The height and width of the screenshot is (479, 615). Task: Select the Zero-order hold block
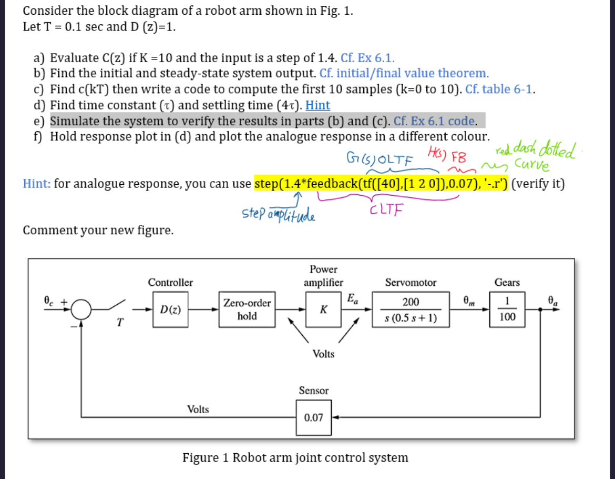[x=247, y=310]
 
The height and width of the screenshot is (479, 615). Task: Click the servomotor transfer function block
[x=411, y=310]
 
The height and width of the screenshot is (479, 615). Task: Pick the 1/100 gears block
[x=507, y=310]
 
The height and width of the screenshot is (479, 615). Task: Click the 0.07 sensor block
[x=314, y=418]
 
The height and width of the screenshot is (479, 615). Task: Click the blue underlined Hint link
[x=317, y=105]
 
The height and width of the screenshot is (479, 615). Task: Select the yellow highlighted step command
[x=380, y=184]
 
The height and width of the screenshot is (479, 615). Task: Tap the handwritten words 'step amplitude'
[x=278, y=214]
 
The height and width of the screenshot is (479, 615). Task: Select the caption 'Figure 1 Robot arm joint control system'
[x=295, y=457]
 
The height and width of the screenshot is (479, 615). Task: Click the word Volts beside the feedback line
[x=198, y=409]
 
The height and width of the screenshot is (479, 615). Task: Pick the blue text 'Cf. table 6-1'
[x=500, y=89]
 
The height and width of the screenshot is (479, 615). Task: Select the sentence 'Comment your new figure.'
[x=98, y=231]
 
